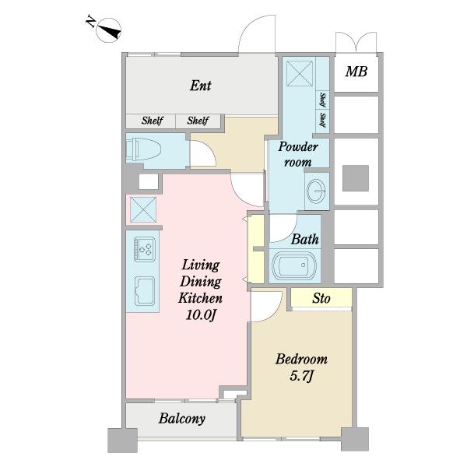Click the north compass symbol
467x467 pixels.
[108, 30]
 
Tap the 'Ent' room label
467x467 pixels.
[201, 86]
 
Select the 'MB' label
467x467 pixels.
[356, 72]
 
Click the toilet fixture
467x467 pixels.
[143, 149]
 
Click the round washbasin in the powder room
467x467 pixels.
[317, 191]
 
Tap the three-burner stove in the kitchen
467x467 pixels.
[145, 249]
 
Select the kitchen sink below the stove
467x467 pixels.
[145, 291]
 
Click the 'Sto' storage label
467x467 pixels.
[321, 298]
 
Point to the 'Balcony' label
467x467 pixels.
[181, 419]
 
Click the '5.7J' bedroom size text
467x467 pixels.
[301, 377]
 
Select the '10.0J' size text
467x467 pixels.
[201, 314]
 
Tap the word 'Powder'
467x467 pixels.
[298, 146]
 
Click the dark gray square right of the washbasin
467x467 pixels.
[356, 178]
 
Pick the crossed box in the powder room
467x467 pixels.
[300, 74]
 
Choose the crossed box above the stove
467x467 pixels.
[143, 209]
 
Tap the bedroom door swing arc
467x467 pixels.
[275, 312]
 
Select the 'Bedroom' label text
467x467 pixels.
[301, 359]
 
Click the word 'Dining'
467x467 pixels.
[201, 282]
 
